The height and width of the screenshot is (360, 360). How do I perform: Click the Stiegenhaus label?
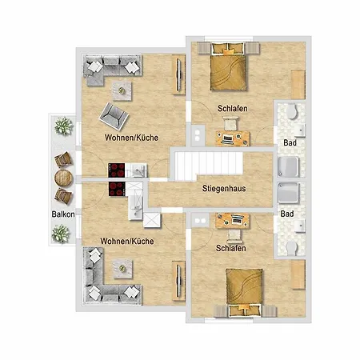[224, 188]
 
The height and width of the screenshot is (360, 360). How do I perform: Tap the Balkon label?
[63, 214]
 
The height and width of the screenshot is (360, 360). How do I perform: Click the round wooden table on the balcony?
[63, 178]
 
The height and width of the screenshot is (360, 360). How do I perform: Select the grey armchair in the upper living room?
[114, 117]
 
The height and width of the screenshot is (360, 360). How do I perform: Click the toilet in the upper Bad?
[292, 111]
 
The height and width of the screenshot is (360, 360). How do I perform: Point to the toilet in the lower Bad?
[292, 248]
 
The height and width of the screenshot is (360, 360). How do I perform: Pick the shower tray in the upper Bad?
[288, 166]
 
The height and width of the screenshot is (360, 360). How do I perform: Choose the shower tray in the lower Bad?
[288, 193]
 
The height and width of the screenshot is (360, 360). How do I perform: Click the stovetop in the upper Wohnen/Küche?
[117, 170]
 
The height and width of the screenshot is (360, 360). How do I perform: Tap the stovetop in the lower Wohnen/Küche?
[117, 189]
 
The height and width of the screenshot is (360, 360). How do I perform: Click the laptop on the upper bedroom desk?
[227, 139]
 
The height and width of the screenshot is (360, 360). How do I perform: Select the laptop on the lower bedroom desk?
[237, 221]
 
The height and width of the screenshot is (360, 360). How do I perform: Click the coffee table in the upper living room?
[122, 91]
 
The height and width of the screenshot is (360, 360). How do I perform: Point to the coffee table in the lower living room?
[122, 269]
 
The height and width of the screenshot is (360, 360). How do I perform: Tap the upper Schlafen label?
[233, 109]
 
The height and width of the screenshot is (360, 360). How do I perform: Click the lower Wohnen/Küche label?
[127, 242]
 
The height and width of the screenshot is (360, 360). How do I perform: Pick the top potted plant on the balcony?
[64, 126]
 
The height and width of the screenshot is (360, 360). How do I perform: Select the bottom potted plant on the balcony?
[61, 234]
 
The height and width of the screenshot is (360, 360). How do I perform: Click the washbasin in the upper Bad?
[300, 130]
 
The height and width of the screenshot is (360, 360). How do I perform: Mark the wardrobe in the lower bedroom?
[298, 274]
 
